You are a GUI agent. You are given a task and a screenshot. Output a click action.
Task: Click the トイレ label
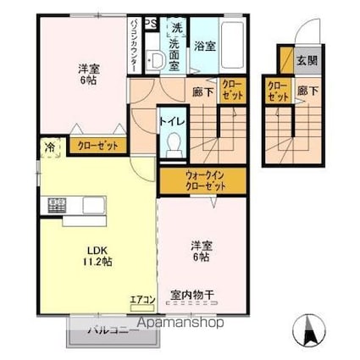point(172,120)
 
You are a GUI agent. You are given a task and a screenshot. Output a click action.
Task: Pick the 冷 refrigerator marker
point(49,147)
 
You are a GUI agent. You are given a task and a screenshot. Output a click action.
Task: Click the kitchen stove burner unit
point(57,206)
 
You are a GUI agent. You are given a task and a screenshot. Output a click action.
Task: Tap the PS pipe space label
point(149,23)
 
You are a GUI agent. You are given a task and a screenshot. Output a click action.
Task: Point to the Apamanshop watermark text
point(175,323)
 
